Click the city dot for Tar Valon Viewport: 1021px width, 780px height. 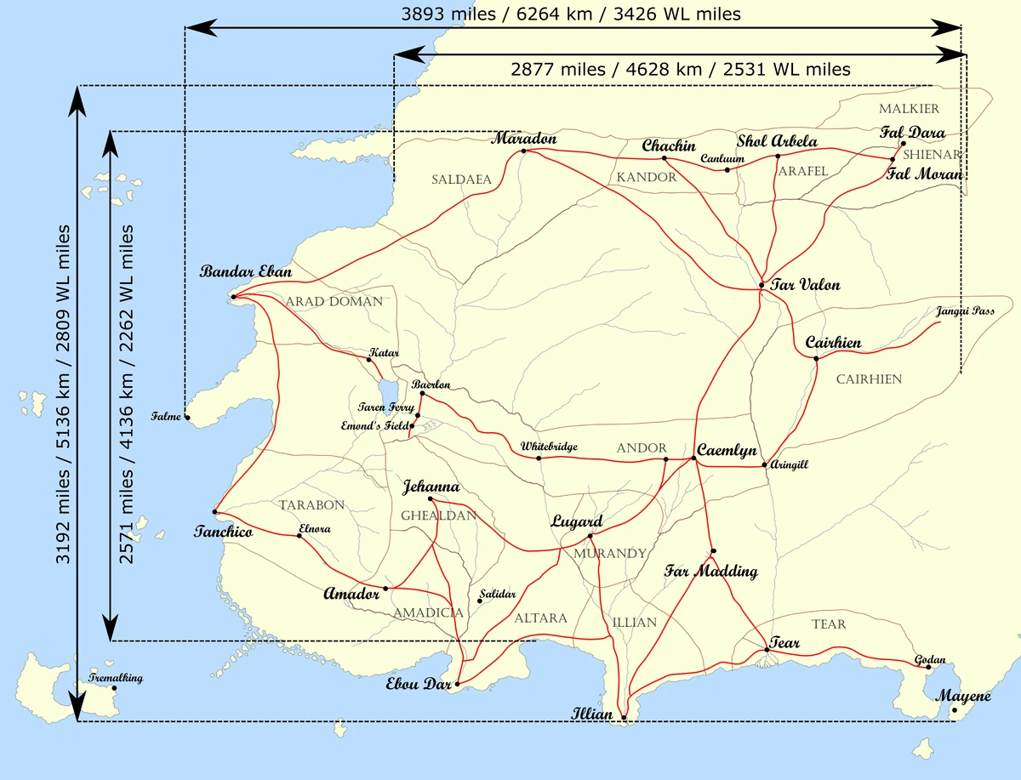coord(761,285)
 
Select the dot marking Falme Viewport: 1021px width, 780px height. coord(187,417)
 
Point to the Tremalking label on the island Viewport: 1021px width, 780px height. coord(116,678)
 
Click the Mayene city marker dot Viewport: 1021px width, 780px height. coord(955,710)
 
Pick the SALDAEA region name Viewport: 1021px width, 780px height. coord(461,179)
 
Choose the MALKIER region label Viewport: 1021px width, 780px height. coord(909,109)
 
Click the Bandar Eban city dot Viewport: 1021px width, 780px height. coord(232,297)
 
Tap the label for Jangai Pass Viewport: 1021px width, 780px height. coord(965,311)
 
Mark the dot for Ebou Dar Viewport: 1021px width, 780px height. coord(457,684)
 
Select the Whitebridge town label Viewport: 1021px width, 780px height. coord(549,446)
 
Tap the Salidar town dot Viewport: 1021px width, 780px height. coord(480,601)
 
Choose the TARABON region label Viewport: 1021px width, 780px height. coord(311,505)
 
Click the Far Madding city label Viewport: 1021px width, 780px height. coord(710,571)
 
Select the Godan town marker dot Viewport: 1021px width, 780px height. coord(928,668)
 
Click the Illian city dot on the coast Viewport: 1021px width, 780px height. coord(624,719)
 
